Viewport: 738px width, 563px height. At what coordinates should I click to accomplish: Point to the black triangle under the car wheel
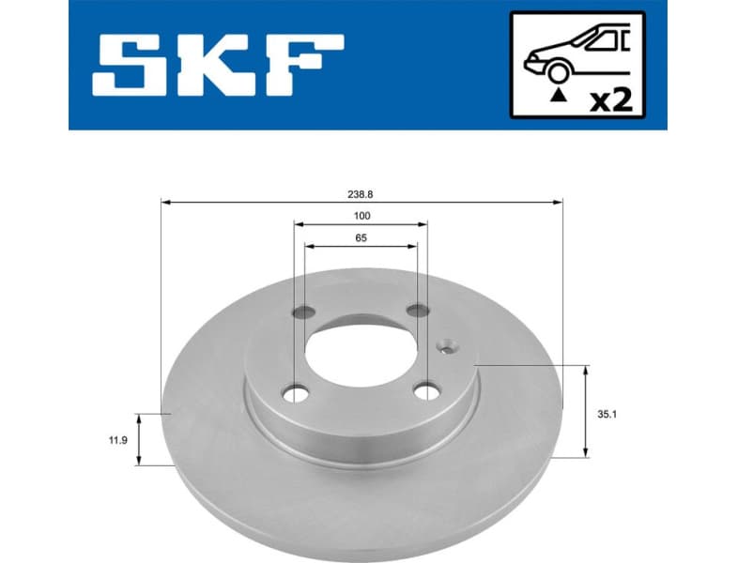point(559,94)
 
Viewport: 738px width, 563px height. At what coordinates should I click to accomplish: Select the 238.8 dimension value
point(361,193)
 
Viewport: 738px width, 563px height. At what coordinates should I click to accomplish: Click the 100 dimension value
point(361,217)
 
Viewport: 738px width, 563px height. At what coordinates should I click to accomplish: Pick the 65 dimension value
point(361,238)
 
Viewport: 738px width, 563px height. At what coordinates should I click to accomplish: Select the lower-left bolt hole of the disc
point(297,392)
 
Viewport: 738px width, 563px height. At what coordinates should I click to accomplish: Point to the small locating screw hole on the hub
point(446,345)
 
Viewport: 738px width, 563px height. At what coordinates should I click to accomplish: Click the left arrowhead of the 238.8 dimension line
point(166,201)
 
